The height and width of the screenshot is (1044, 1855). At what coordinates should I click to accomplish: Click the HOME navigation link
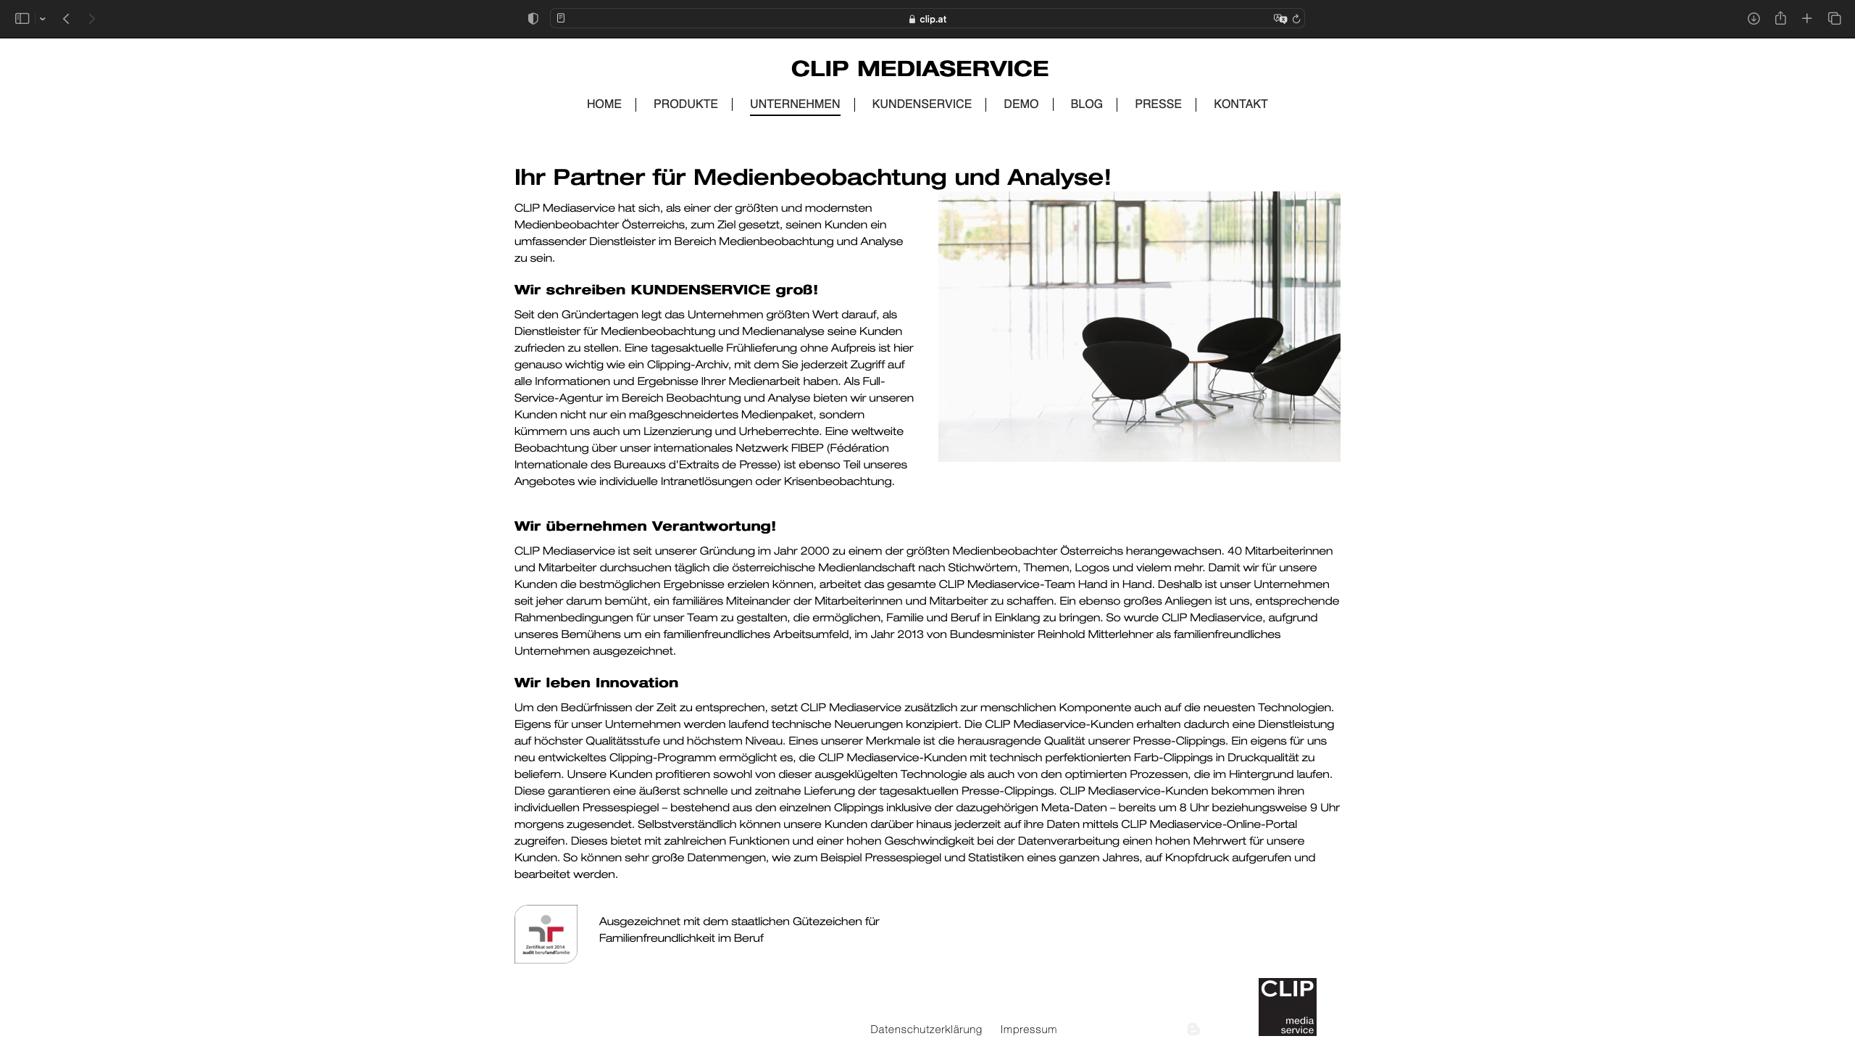pyautogui.click(x=604, y=104)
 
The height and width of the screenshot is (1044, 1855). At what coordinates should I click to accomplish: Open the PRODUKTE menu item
pyautogui.click(x=685, y=104)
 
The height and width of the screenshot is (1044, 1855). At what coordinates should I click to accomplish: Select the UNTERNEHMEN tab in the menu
pyautogui.click(x=795, y=104)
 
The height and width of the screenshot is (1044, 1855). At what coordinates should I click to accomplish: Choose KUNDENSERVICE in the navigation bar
pyautogui.click(x=922, y=104)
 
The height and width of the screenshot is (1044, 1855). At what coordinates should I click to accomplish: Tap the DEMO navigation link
pyautogui.click(x=1021, y=104)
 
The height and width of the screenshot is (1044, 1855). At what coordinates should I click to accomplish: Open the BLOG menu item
pyautogui.click(x=1086, y=104)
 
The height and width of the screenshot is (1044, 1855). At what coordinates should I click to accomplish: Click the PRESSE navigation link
pyautogui.click(x=1158, y=104)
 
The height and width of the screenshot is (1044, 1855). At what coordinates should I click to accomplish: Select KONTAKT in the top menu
pyautogui.click(x=1241, y=104)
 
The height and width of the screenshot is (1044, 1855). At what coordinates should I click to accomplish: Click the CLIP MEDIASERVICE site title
pyautogui.click(x=920, y=69)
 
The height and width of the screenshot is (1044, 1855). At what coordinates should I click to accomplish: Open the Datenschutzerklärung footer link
pyautogui.click(x=926, y=1029)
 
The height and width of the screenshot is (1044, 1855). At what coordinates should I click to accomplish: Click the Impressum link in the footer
pyautogui.click(x=1028, y=1029)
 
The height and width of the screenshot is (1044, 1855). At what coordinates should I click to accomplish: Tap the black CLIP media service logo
pyautogui.click(x=1287, y=1006)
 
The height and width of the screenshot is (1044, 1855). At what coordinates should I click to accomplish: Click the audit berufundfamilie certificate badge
pyautogui.click(x=546, y=934)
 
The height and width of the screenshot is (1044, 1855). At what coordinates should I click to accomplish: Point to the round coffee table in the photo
pyautogui.click(x=1204, y=358)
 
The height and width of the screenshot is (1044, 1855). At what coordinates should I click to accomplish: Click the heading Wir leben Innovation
pyautogui.click(x=596, y=683)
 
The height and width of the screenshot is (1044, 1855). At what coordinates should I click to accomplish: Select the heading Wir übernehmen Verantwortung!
pyautogui.click(x=645, y=526)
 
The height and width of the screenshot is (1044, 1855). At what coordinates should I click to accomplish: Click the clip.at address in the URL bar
pyautogui.click(x=933, y=20)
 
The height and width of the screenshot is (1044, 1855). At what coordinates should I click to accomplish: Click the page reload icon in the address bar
pyautogui.click(x=1296, y=19)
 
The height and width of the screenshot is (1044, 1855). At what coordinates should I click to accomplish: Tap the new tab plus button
pyautogui.click(x=1807, y=19)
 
